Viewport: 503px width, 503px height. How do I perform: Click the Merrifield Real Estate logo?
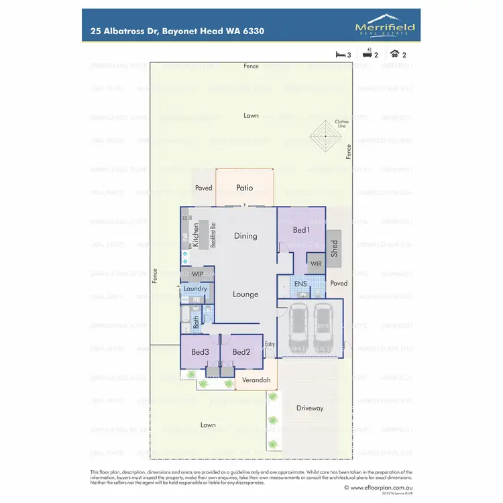tap(384, 27)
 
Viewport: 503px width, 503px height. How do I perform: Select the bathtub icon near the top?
tap(368, 54)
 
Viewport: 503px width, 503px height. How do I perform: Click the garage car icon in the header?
tap(395, 54)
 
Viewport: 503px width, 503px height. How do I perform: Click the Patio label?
tap(245, 188)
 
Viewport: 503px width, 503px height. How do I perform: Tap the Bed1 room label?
tap(301, 230)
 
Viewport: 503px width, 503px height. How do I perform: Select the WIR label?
tap(316, 264)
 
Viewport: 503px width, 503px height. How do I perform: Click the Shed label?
tap(334, 248)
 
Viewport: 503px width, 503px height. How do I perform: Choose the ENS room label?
tap(300, 284)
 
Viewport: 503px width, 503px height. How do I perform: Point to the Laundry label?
tap(195, 289)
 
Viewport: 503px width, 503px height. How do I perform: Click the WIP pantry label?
tap(197, 274)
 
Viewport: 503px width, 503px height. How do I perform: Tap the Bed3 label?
tap(201, 352)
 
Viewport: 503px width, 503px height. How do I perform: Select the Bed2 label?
tap(241, 352)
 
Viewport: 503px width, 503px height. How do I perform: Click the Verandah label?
tap(256, 380)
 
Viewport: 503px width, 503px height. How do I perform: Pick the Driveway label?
tap(310, 408)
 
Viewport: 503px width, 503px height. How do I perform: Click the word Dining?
tap(245, 235)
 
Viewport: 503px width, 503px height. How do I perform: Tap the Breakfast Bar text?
tap(212, 235)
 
